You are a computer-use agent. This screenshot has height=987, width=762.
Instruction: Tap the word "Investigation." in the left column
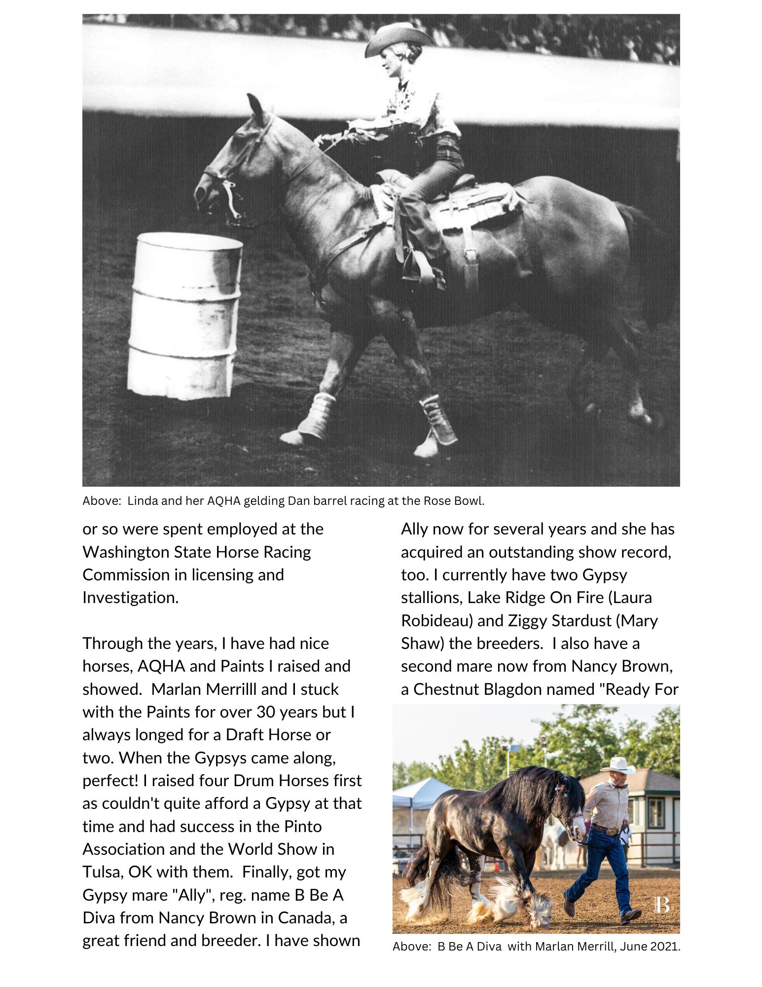130,598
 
